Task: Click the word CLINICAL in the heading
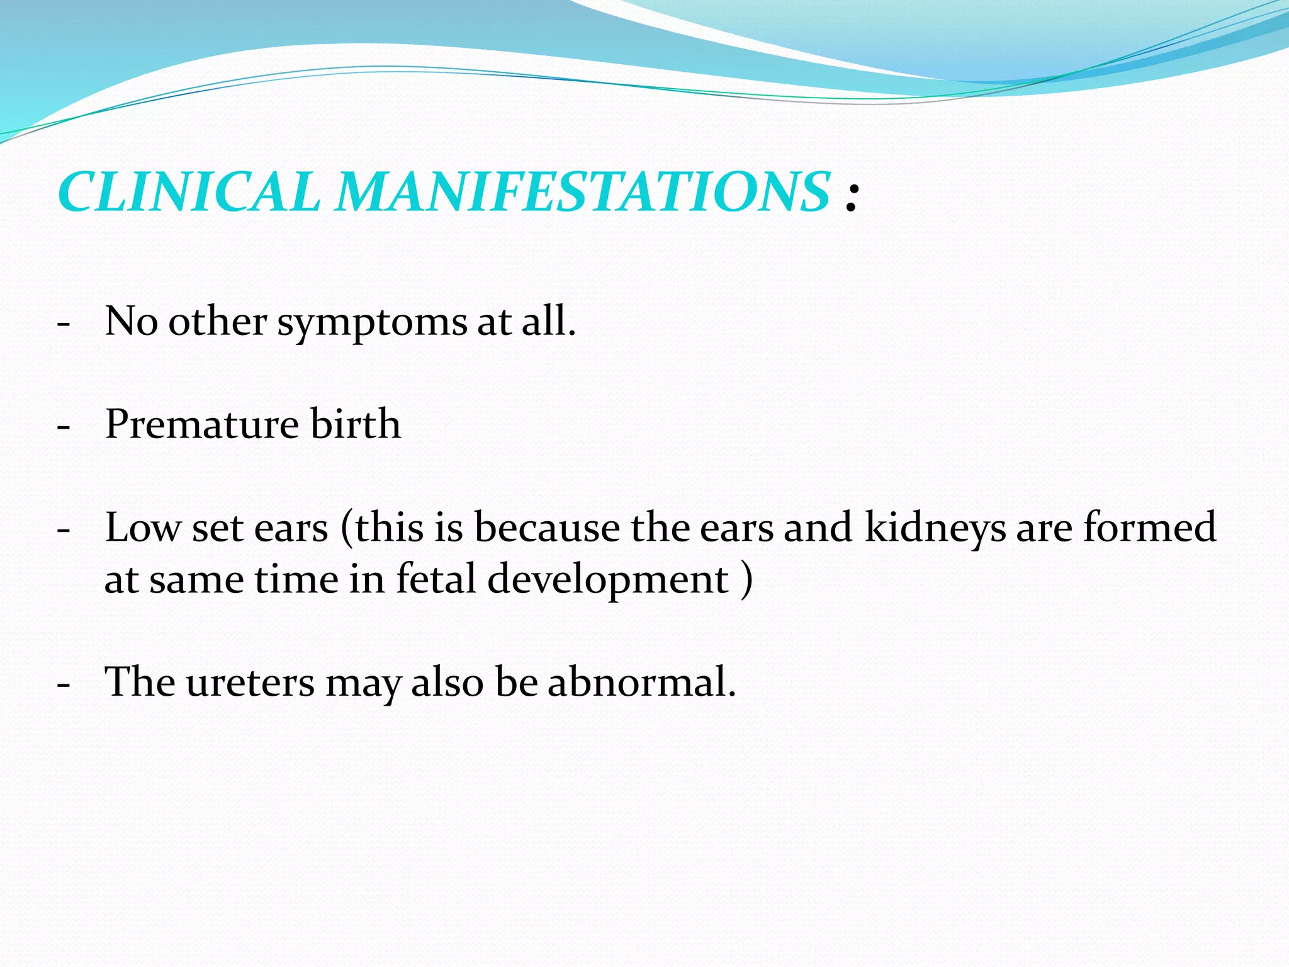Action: coord(189,191)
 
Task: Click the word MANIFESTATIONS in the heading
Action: coord(582,191)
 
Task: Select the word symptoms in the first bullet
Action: coord(372,322)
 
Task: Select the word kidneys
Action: coord(935,529)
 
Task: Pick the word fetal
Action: coord(436,579)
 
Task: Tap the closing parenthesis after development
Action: coord(746,579)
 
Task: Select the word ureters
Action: coord(250,682)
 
